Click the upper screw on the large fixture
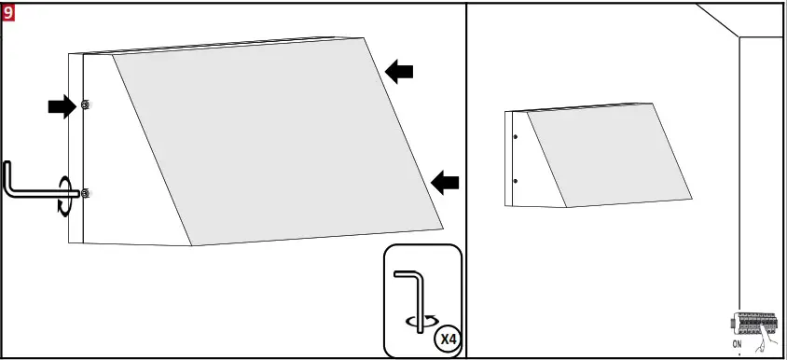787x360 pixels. click(85, 104)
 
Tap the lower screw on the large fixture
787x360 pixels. click(85, 193)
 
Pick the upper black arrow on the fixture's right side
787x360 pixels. click(400, 71)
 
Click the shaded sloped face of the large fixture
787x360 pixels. click(270, 140)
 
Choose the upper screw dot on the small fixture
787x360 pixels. click(516, 137)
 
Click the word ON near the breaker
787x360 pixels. click(737, 344)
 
